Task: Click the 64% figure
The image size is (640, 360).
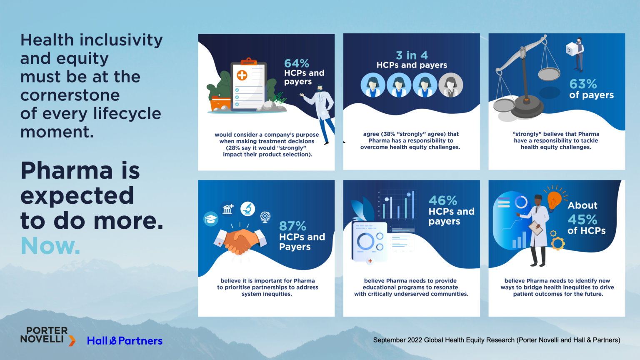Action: coord(296,63)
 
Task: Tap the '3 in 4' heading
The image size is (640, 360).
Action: coord(412,55)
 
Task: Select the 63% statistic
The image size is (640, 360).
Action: coord(583,84)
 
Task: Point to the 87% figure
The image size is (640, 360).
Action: coord(292,226)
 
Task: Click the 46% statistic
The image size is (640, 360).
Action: coord(442,200)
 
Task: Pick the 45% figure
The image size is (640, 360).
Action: coord(582,220)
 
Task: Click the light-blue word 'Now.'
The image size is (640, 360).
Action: coord(50,246)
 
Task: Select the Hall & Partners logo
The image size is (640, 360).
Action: coord(125,340)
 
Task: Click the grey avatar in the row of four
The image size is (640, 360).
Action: coord(450,85)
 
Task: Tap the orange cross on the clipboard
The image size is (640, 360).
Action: coord(242,75)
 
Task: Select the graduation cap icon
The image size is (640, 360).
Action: coord(211,219)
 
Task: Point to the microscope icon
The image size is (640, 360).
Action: coord(247,209)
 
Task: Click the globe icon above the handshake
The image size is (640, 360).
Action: coord(265,217)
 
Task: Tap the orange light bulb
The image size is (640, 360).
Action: coord(554,200)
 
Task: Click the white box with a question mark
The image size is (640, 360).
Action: coord(571,50)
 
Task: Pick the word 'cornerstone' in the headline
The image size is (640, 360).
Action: coord(70,95)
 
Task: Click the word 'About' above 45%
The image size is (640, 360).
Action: coord(582,205)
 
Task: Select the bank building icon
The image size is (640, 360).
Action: coord(228,209)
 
